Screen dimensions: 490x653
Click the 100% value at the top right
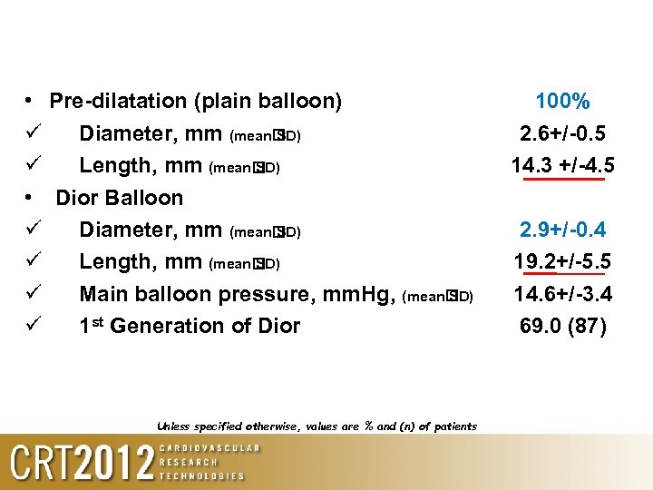(562, 102)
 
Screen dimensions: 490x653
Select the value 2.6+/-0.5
(562, 134)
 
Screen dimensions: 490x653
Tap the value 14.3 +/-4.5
(562, 166)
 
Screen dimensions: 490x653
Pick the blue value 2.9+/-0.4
(562, 230)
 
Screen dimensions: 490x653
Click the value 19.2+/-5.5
(562, 262)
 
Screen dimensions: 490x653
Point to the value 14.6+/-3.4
(562, 294)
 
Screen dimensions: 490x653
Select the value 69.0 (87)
(562, 325)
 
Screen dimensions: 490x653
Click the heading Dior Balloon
(120, 198)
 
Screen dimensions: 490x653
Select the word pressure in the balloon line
(274, 294)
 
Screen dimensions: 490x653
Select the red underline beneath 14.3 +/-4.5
(559, 180)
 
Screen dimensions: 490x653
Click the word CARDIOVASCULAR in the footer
(210, 448)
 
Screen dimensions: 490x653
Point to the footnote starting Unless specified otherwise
(317, 426)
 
